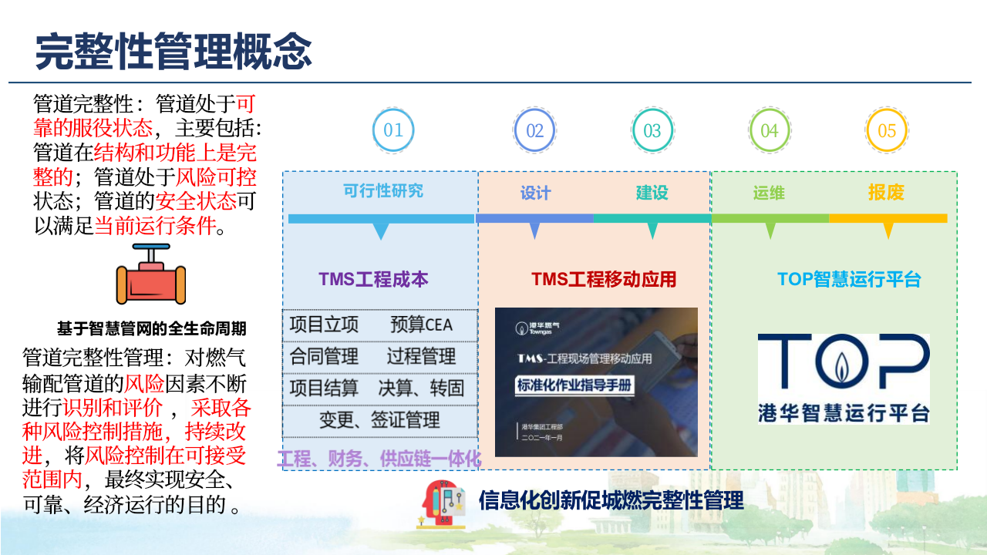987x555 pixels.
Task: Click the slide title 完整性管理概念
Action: [174, 52]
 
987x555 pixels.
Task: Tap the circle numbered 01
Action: [393, 130]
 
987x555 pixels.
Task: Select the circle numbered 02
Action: [534, 130]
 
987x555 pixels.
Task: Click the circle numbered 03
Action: [652, 130]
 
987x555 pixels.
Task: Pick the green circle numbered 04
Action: [770, 130]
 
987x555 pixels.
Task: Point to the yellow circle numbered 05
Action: [887, 130]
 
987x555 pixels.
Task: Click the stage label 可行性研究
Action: [383, 190]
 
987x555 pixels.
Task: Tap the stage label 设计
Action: [535, 193]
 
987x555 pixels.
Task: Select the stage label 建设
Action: [652, 193]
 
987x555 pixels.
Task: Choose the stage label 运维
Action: [770, 193]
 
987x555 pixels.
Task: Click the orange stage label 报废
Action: [886, 193]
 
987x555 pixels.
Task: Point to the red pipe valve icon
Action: [151, 275]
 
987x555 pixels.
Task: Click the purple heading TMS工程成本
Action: [373, 279]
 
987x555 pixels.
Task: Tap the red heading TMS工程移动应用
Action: [604, 279]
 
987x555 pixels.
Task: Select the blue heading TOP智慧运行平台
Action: [849, 279]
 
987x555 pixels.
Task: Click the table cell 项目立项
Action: [324, 325]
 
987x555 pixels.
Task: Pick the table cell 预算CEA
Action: [422, 325]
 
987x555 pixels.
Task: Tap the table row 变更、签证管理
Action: [380, 420]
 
